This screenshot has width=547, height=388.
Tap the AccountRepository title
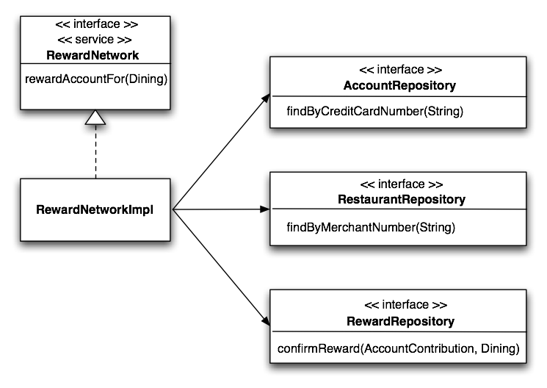[x=399, y=86]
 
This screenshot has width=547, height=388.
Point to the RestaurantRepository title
[x=399, y=199]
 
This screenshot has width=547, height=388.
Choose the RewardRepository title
[x=399, y=321]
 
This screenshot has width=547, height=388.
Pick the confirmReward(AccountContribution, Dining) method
[x=397, y=348]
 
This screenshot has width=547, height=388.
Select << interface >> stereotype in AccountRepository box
[x=399, y=71]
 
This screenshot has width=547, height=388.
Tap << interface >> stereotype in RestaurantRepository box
[x=399, y=184]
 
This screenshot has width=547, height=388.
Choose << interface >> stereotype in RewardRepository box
[x=399, y=304]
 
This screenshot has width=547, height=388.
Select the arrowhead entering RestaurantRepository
[x=265, y=209]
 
